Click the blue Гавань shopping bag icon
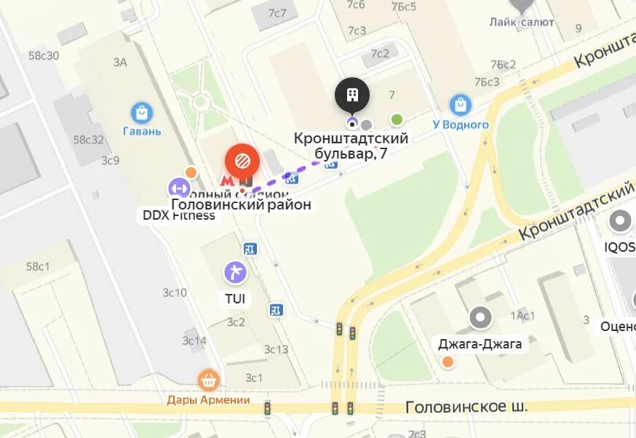click(x=141, y=113)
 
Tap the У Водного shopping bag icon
click(x=460, y=105)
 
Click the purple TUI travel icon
click(x=235, y=273)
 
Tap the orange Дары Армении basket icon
click(x=209, y=379)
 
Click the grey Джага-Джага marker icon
click(x=480, y=317)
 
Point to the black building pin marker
click(x=352, y=95)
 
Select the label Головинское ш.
click(x=466, y=406)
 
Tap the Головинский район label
click(x=241, y=205)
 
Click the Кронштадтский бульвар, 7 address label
click(x=351, y=146)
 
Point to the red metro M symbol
click(x=228, y=180)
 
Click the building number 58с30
click(x=44, y=55)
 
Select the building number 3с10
click(x=175, y=292)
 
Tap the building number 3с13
click(x=277, y=349)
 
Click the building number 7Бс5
click(x=404, y=7)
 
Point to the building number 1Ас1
click(x=522, y=315)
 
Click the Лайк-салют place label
click(x=522, y=22)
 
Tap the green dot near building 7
click(x=397, y=119)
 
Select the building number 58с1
click(x=38, y=266)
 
